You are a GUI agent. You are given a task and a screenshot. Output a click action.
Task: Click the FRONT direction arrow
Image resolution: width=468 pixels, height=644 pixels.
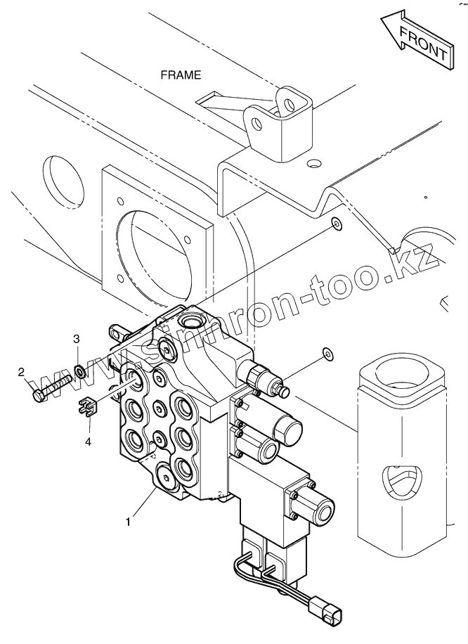pyautogui.click(x=415, y=43)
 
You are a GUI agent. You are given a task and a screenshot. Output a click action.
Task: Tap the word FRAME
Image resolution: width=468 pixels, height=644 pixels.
pyautogui.click(x=181, y=74)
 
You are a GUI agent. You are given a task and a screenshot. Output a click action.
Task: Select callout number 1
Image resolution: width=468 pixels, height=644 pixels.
pyautogui.click(x=127, y=522)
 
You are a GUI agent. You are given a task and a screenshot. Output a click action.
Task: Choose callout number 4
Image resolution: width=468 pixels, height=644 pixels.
pyautogui.click(x=88, y=442)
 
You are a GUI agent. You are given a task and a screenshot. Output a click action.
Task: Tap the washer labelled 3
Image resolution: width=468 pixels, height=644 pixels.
pyautogui.click(x=81, y=371)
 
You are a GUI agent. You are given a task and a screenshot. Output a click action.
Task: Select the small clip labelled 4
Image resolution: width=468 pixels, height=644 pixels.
pyautogui.click(x=86, y=406)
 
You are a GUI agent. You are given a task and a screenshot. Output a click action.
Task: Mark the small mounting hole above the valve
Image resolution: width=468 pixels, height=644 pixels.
pyautogui.click(x=336, y=224)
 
